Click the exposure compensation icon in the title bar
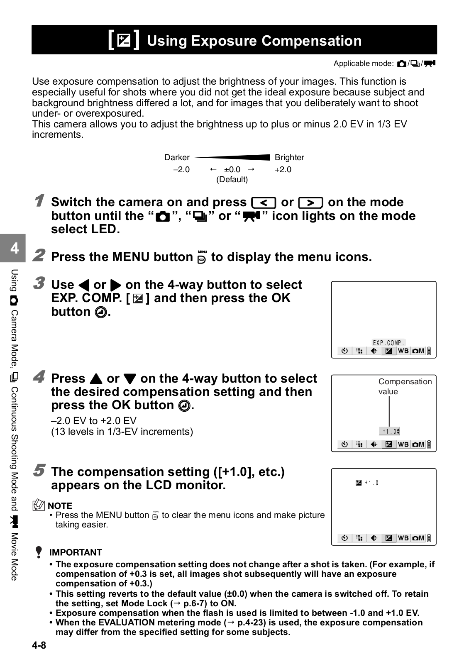point(124,40)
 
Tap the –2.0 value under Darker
point(181,169)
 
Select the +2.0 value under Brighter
point(283,169)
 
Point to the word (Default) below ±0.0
point(232,179)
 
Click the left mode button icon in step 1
point(264,203)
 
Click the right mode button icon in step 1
point(310,203)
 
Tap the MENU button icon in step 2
point(202,257)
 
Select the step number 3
point(39,284)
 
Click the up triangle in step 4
point(95,379)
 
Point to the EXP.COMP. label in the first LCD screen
point(388,343)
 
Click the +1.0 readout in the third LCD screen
point(371,483)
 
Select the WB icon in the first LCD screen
point(403,351)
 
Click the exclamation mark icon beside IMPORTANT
point(39,552)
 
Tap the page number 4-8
point(39,645)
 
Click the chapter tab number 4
point(15,248)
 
